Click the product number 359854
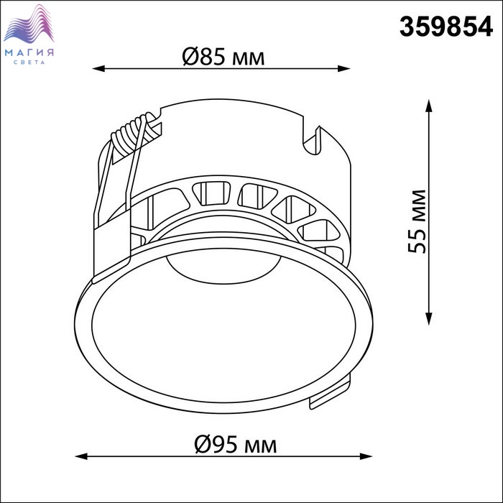point(446,27)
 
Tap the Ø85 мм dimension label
point(223,57)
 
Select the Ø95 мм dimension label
point(236,445)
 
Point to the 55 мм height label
point(417,221)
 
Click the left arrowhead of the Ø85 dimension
point(98,68)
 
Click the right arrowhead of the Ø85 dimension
point(343,68)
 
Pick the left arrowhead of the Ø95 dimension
point(81,456)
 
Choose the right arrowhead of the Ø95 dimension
point(366,456)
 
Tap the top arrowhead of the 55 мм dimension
point(428,106)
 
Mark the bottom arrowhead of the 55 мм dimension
point(428,319)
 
